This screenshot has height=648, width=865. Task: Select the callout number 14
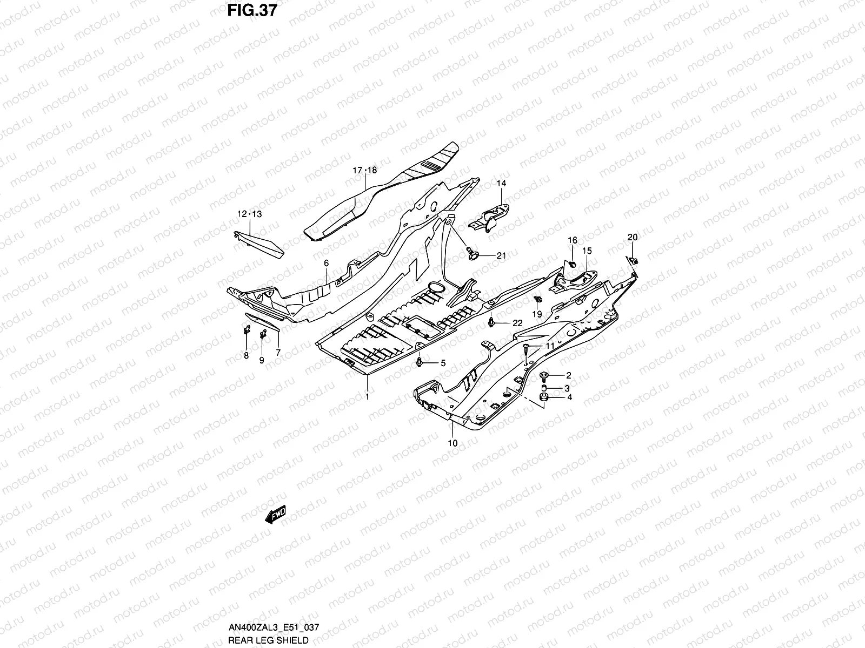tap(501, 184)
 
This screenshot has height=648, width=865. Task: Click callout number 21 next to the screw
tap(501, 255)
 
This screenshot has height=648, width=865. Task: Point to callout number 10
tap(453, 443)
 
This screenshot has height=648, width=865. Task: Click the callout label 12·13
tap(249, 214)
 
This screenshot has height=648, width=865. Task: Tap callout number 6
tap(327, 263)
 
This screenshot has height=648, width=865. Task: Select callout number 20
tap(632, 237)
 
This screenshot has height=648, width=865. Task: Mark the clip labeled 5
tap(420, 362)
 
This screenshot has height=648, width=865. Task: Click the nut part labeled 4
tap(544, 398)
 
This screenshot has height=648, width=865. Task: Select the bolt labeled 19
tap(537, 300)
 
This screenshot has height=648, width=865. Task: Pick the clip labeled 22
tap(491, 322)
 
